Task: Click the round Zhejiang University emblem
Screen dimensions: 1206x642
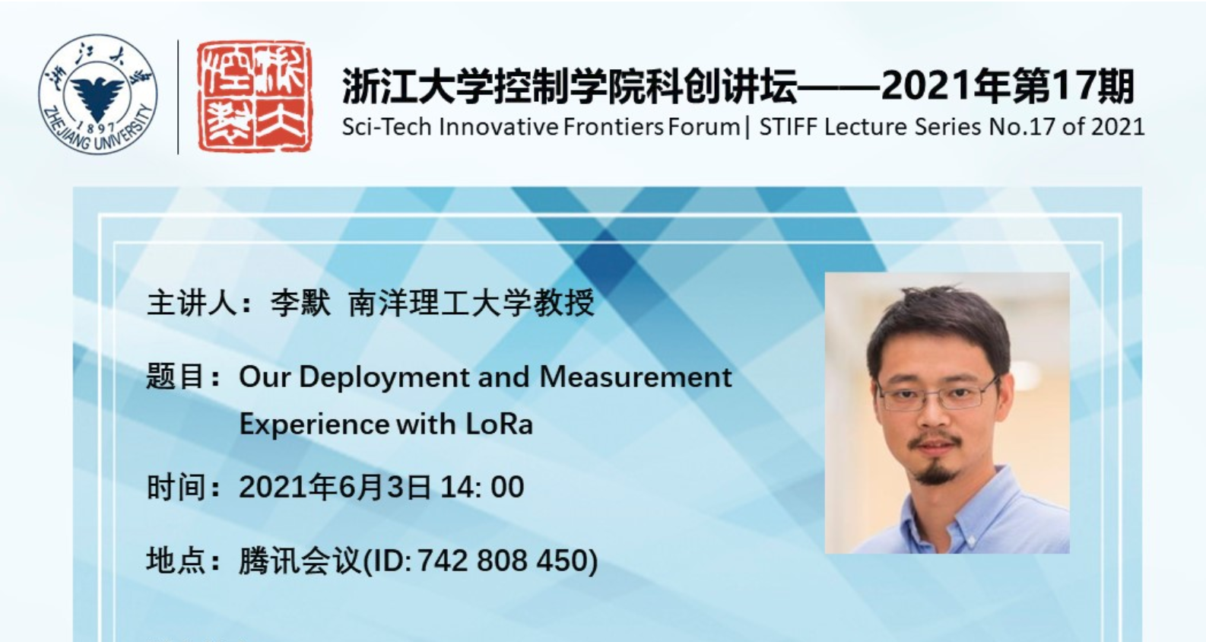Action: pos(97,95)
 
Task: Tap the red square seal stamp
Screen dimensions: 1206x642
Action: pos(254,97)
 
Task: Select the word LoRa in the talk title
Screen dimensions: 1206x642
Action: pos(499,424)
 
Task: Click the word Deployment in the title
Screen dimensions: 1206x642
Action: pos(384,378)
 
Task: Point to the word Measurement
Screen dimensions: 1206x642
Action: pos(635,377)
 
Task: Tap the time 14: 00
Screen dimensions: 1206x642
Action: pos(482,487)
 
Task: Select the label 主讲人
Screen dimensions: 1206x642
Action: pos(192,303)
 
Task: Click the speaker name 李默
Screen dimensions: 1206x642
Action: pos(300,303)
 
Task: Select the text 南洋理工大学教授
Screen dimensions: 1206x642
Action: pos(471,303)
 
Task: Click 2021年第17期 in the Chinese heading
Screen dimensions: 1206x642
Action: pos(1008,86)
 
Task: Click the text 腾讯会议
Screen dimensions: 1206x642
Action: pos(300,560)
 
